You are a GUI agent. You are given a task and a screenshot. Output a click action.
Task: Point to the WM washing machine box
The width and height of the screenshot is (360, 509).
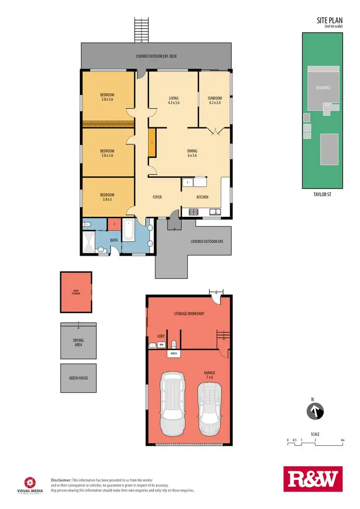click(162, 344)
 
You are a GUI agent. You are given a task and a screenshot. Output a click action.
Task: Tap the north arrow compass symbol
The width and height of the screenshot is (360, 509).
click(315, 411)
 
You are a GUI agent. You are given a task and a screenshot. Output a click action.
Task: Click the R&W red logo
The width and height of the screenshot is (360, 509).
click(313, 479)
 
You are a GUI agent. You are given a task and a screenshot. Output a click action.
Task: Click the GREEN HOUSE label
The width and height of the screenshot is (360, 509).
click(78, 378)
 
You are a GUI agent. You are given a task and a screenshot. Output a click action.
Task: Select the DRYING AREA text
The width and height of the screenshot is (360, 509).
click(78, 343)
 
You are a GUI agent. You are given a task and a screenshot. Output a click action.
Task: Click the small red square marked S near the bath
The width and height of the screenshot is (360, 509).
click(114, 224)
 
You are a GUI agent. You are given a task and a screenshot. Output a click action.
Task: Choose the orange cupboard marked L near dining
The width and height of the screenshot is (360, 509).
click(152, 142)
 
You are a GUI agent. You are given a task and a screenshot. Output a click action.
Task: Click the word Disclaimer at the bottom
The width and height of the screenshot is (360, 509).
click(61, 480)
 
